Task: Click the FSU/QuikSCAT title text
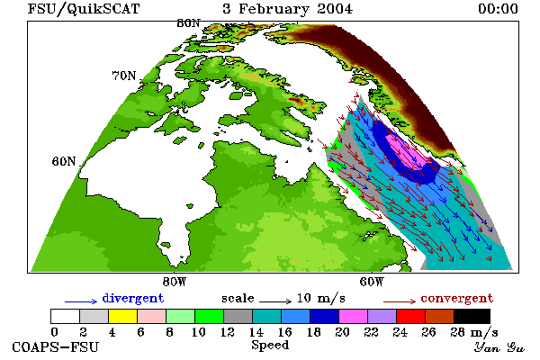click(x=84, y=9)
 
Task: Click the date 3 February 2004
click(x=288, y=9)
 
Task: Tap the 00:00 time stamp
click(x=498, y=9)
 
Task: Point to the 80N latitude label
click(x=188, y=23)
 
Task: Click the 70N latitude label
click(x=124, y=76)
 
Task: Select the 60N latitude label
click(x=64, y=161)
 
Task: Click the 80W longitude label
click(x=175, y=282)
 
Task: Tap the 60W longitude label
click(x=372, y=282)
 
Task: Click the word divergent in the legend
click(x=133, y=298)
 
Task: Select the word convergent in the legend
click(x=457, y=298)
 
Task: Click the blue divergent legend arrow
click(x=81, y=301)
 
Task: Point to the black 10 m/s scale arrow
click(x=275, y=301)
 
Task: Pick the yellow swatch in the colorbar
click(x=123, y=316)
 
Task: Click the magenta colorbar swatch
click(x=354, y=316)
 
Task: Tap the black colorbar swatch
click(x=472, y=316)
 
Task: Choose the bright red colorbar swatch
click(x=411, y=316)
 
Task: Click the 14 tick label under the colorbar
click(x=256, y=332)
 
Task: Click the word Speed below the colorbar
click(x=270, y=346)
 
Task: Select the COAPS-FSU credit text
click(x=56, y=347)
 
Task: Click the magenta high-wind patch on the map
click(x=408, y=151)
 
